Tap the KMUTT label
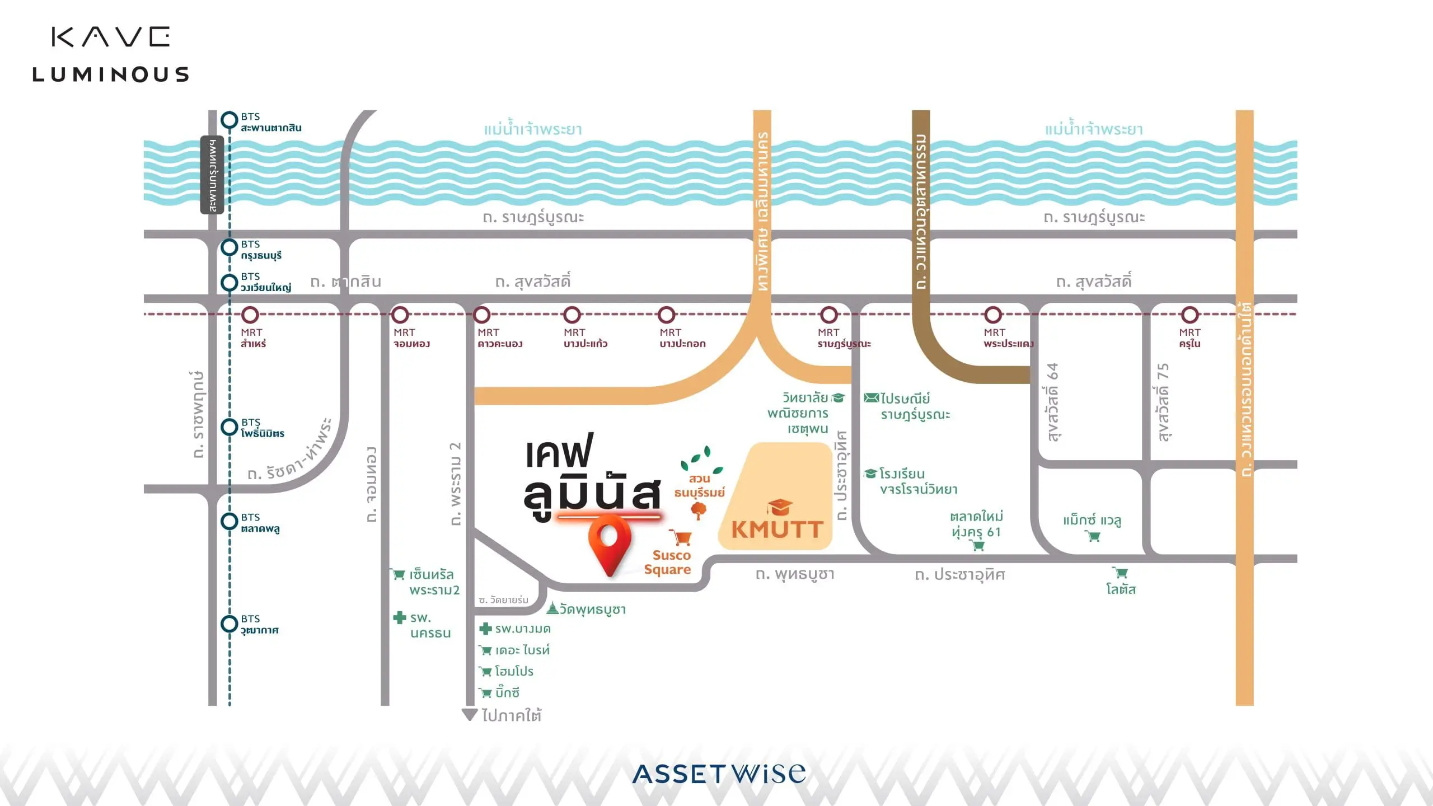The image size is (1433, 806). pos(777,529)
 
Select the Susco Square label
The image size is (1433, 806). pos(668,562)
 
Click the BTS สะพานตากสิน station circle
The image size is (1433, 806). pos(230,120)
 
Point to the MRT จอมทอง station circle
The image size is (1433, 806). pos(400,315)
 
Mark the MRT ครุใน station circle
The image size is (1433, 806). pos(1190,315)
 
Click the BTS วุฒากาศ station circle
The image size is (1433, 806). pos(230,624)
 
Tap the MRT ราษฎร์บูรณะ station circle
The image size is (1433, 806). pos(829,315)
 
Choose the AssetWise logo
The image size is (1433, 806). pos(719,774)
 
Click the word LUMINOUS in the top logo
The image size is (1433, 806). pos(111,74)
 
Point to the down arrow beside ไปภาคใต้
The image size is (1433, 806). pos(470,715)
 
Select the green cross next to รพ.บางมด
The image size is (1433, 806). pos(485,629)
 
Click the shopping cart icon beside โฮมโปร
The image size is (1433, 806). pos(485,672)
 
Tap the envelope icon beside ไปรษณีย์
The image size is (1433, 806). pos(871,398)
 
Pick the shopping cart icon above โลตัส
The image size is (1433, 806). pos(1120,573)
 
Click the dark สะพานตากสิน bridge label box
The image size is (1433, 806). pos(212,175)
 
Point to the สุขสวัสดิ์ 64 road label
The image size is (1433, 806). pos(1052,402)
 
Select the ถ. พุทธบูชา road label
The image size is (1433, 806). pos(795,574)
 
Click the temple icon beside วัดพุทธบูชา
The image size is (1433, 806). pos(552,608)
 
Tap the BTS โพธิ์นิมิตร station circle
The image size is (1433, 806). pos(230,427)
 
